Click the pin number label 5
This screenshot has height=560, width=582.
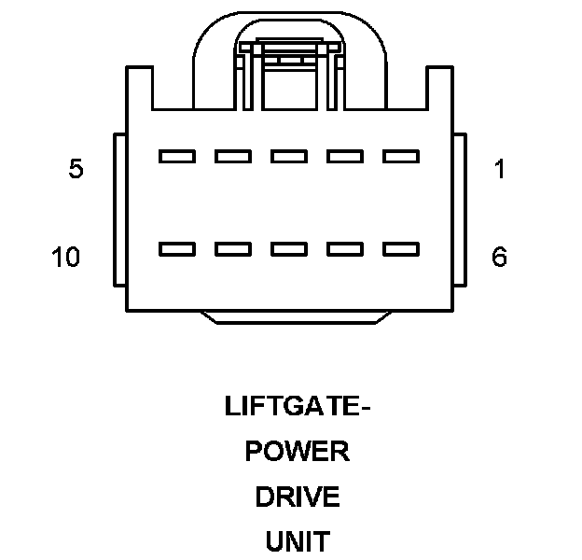[x=76, y=170]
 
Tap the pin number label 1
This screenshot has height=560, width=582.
[x=500, y=170]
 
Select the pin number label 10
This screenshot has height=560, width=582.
[x=66, y=257]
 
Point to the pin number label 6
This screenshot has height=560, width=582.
[x=500, y=257]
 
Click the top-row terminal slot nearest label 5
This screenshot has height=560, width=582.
[x=176, y=157]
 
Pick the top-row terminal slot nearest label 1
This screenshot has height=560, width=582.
[x=401, y=157]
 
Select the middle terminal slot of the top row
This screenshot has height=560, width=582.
[x=289, y=157]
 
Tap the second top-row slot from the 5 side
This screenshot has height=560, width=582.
[x=232, y=157]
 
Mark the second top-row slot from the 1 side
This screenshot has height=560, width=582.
[x=345, y=157]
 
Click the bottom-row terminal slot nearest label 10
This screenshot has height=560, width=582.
[x=176, y=249]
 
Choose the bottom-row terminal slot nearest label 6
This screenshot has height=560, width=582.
[x=401, y=249]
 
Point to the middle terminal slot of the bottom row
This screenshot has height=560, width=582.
[x=289, y=249]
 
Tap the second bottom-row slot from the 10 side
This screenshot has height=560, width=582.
[x=232, y=249]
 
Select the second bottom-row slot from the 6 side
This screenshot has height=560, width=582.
[x=345, y=249]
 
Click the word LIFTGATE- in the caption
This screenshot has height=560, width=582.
[x=292, y=407]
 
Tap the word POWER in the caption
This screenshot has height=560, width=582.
[x=297, y=452]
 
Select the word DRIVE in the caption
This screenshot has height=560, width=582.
[x=297, y=497]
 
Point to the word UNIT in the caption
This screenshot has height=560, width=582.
[x=297, y=541]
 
